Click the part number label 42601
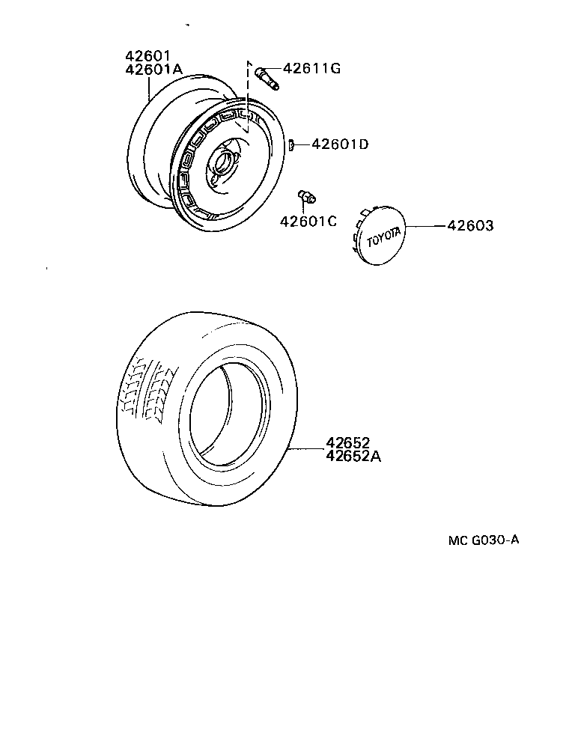point(149,55)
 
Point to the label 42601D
point(340,144)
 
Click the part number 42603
point(470,225)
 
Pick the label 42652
point(348,442)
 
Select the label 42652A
point(353,455)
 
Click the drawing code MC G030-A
point(483,540)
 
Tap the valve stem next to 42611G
point(267,77)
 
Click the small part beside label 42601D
point(293,144)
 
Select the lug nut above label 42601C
point(305,196)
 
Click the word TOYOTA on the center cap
point(383,236)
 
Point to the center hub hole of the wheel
point(222,161)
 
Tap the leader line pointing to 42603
point(427,225)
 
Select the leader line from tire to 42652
point(307,449)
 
